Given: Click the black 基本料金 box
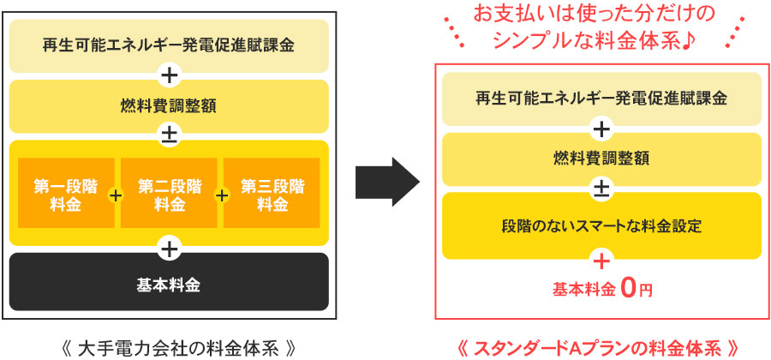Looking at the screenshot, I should pyautogui.click(x=169, y=284).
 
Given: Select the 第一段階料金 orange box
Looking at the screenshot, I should pyautogui.click(x=66, y=195).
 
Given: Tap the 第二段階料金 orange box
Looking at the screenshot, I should pyautogui.click(x=169, y=195).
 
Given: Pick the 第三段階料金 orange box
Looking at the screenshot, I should pyautogui.click(x=272, y=195).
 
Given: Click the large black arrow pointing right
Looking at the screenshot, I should pyautogui.click(x=387, y=181).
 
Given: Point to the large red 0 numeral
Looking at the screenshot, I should pyautogui.click(x=628, y=288).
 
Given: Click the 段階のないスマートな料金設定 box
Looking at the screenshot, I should pyautogui.click(x=601, y=226).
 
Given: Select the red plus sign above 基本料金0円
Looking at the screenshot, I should pyautogui.click(x=601, y=260).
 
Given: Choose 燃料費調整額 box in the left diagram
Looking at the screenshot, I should pyautogui.click(x=169, y=105).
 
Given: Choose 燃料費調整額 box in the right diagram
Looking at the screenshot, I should pyautogui.click(x=601, y=158).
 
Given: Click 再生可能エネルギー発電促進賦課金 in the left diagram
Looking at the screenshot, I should pyautogui.click(x=169, y=45).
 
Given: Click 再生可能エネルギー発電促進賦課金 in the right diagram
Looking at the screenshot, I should pyautogui.click(x=601, y=98).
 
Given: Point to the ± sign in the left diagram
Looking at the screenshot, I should pyautogui.click(x=169, y=134).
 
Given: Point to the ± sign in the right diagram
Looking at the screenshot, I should pyautogui.click(x=601, y=188).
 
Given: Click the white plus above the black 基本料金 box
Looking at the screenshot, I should pyautogui.click(x=169, y=249).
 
